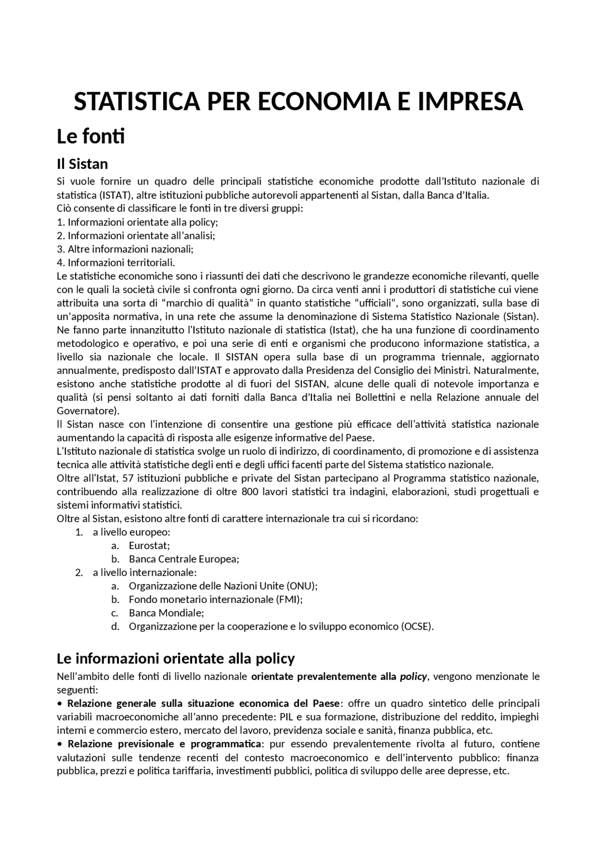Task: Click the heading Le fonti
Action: click(90, 137)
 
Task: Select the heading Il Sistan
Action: click(82, 164)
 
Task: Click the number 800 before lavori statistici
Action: click(247, 492)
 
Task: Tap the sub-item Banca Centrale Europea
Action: click(184, 559)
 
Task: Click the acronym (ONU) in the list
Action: click(302, 586)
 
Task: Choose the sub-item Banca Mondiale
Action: click(167, 613)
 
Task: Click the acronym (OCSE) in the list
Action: click(417, 626)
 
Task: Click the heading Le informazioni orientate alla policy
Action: click(175, 659)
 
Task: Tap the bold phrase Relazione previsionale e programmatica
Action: click(165, 743)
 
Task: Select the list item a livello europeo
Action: click(131, 532)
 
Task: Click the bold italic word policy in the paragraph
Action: click(413, 676)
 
